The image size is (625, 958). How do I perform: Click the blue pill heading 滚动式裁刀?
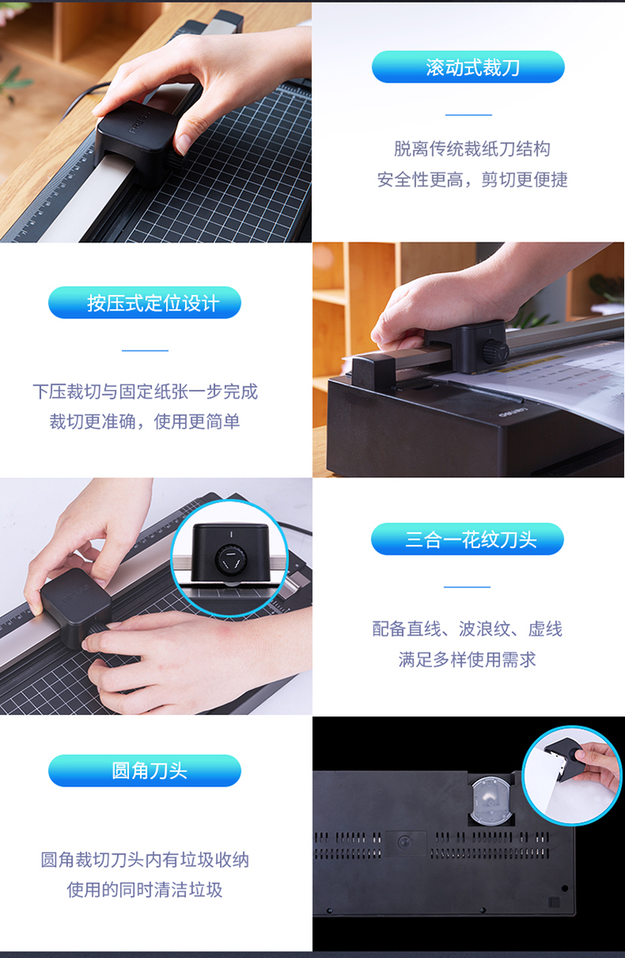[468, 67]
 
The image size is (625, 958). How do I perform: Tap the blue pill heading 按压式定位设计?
[145, 302]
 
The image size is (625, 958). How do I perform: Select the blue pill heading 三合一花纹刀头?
[467, 539]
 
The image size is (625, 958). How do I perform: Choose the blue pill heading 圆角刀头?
[145, 771]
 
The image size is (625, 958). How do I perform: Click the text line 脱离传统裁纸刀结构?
[472, 148]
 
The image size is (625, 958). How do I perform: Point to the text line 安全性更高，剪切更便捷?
[472, 179]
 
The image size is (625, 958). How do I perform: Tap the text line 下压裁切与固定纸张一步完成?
[145, 392]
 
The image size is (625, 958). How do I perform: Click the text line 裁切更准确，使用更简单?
[145, 422]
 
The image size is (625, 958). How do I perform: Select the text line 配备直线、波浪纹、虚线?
[467, 629]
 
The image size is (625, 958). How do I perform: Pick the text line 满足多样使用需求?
[467, 659]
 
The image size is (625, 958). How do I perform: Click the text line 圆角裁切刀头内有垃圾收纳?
[145, 860]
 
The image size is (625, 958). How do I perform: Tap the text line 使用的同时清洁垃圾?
[145, 890]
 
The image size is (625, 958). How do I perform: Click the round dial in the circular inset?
[229, 559]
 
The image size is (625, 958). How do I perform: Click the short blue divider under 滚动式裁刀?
[468, 114]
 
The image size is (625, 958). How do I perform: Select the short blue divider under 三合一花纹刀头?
[467, 586]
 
